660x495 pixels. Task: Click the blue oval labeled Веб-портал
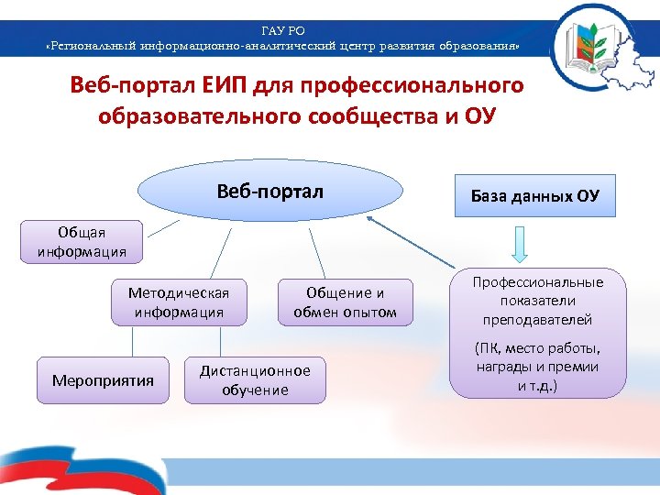coord(270,193)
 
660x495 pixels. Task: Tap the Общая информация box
coord(82,241)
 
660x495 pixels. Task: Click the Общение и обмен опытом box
coord(345,302)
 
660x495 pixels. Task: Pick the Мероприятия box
coord(103,379)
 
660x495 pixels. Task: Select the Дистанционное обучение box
coord(255,379)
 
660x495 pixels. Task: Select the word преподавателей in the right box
coord(537,319)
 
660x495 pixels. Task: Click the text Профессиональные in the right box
coord(538,282)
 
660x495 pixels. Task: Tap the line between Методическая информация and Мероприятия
coord(135,342)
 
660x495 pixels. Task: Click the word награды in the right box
coord(502,367)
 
